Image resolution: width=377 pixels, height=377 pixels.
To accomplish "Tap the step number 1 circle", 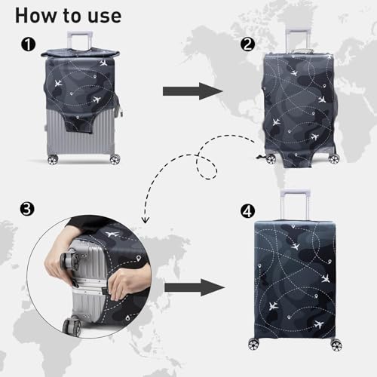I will coord(28,45).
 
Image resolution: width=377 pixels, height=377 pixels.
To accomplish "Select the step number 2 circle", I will coord(247,44).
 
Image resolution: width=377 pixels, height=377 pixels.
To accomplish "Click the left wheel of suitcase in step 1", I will coord(53,160).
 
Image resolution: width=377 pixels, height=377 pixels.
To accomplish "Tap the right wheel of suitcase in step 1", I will coord(114,160).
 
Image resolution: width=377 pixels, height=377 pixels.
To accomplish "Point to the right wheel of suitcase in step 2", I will coord(333,158).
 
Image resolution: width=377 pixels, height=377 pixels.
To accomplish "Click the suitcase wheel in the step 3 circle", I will coord(72,326).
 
